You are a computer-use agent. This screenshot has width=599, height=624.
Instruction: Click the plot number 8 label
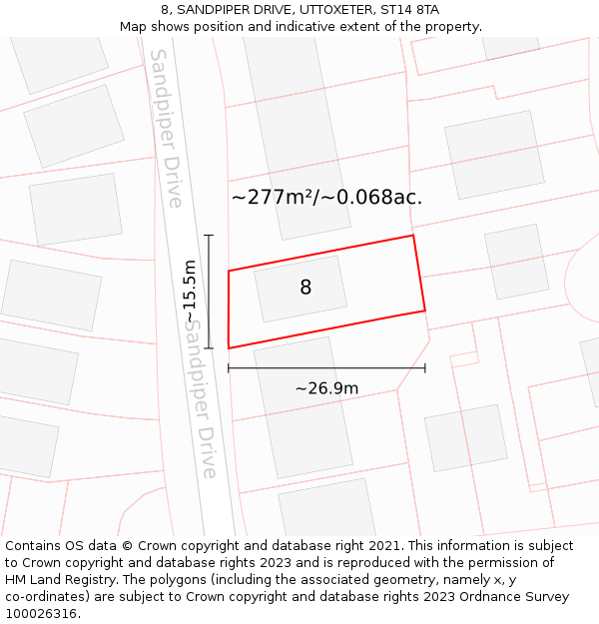pos(305,288)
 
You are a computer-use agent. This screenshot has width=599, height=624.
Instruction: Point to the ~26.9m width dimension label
pos(326,388)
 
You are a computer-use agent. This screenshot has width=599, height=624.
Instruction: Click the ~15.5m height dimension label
pos(190,291)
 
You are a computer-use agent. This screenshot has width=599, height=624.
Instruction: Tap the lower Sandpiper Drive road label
pos(201,399)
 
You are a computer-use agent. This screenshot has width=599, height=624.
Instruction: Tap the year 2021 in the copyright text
pos(384,545)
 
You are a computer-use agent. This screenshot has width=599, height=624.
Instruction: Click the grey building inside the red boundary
pos(300,289)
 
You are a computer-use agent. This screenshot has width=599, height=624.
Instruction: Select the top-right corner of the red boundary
pos(413,236)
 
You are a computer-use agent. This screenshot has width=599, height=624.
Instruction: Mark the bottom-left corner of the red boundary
pos(229,348)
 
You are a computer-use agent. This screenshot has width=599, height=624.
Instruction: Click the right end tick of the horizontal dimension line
pos(425,368)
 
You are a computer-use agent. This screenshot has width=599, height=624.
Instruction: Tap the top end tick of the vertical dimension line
pos(209,236)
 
